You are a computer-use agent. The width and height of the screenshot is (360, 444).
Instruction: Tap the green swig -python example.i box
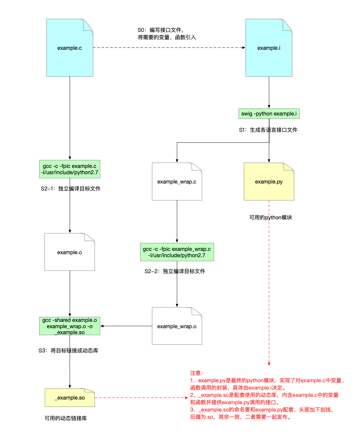click(269, 113)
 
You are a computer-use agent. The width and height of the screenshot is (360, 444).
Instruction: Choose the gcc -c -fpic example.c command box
click(70, 169)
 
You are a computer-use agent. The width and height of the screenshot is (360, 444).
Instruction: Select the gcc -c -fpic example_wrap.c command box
click(177, 252)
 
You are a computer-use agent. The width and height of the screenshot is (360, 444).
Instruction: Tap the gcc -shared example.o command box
click(70, 326)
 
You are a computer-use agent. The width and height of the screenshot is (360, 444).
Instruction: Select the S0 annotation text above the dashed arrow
click(167, 34)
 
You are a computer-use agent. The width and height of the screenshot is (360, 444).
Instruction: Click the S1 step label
click(268, 130)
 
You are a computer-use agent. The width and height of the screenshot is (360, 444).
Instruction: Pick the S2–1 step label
click(70, 188)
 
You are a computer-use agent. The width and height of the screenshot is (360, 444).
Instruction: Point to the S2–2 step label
click(175, 271)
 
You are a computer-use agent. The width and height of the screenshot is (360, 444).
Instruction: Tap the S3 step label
click(68, 350)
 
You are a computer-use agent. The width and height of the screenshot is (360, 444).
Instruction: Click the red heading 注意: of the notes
click(197, 373)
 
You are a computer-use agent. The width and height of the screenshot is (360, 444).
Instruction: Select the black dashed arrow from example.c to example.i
click(169, 47)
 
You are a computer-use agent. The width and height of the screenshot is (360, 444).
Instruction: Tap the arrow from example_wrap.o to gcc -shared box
click(126, 326)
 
